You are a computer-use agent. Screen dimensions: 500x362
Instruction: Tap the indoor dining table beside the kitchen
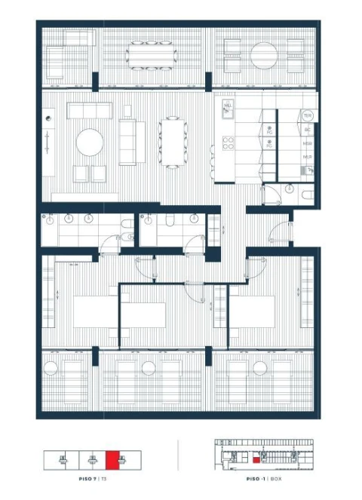click(x=173, y=141)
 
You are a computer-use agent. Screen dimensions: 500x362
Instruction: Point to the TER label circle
click(x=307, y=115)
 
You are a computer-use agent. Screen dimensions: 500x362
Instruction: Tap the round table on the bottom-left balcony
click(x=51, y=369)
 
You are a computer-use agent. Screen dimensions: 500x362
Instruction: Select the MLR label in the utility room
click(x=308, y=157)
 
